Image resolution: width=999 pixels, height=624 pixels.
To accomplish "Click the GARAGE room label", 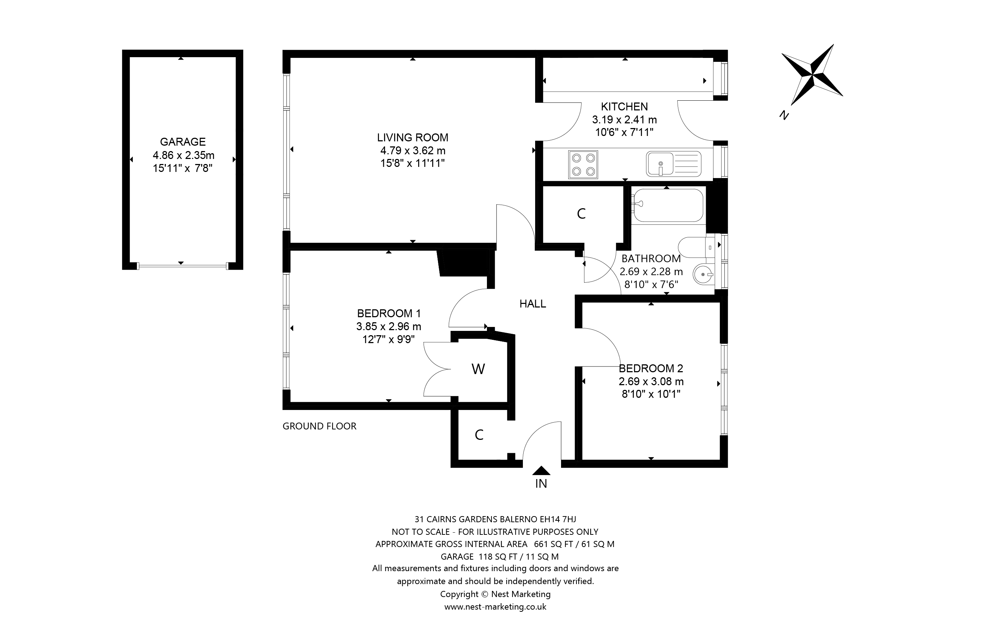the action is [183, 142].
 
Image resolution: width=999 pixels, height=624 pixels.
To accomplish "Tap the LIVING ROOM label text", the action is [412, 137].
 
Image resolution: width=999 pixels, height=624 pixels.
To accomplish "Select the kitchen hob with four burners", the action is [583, 165].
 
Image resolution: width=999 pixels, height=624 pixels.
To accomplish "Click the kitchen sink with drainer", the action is [674, 164].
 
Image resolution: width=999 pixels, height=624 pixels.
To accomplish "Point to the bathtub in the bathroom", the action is [667, 205].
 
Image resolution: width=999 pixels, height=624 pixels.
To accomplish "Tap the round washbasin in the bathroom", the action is [704, 274].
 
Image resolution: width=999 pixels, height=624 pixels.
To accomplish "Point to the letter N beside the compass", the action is [784, 115].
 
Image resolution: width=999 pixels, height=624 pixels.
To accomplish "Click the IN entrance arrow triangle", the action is [541, 470].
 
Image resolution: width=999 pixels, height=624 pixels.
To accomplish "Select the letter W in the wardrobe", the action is [478, 369].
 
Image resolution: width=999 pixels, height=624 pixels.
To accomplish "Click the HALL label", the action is [533, 304].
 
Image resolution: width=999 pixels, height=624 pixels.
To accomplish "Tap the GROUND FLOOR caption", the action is [319, 426].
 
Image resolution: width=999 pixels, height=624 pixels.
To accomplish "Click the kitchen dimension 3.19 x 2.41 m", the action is [624, 120].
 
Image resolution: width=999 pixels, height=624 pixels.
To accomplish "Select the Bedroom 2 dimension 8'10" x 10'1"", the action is [651, 394].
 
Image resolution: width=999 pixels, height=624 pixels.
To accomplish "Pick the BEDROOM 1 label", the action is [389, 313].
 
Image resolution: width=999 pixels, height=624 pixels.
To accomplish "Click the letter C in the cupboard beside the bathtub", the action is [581, 214].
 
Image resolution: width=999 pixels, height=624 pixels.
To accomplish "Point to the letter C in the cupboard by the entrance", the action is [479, 435].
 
